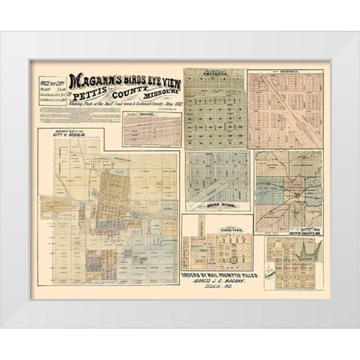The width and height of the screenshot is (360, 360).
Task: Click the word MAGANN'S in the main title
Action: coord(97,80)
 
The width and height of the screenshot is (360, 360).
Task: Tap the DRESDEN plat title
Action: coord(148,114)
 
